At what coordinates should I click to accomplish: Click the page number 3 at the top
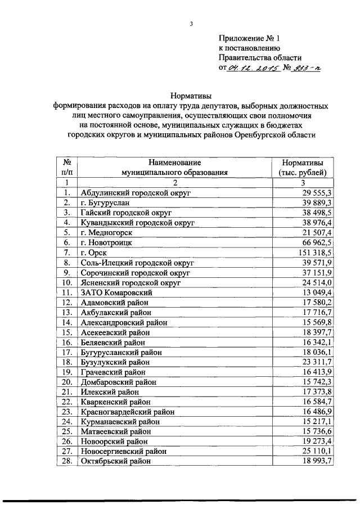(x=191, y=24)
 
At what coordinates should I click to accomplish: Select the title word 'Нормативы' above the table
(x=190, y=95)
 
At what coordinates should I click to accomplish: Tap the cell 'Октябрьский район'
(x=116, y=461)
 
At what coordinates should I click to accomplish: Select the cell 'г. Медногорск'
(x=106, y=233)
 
